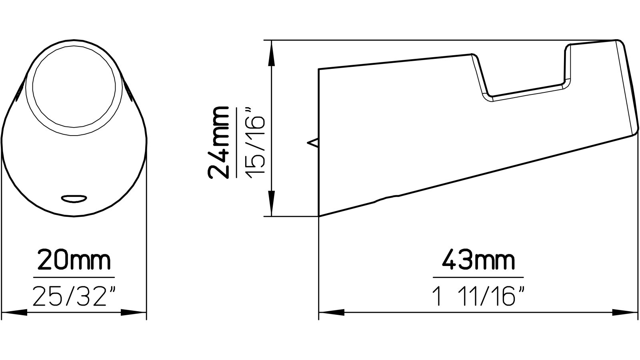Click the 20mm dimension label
pyautogui.click(x=74, y=261)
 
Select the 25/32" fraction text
pyautogui.click(x=74, y=296)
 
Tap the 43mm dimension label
pyautogui.click(x=478, y=261)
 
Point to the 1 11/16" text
pyautogui.click(x=478, y=296)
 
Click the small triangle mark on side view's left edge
pyautogui.click(x=313, y=142)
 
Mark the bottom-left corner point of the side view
pyautogui.click(x=319, y=216)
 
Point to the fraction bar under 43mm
pyautogui.click(x=478, y=277)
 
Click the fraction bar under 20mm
pyautogui.click(x=74, y=277)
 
